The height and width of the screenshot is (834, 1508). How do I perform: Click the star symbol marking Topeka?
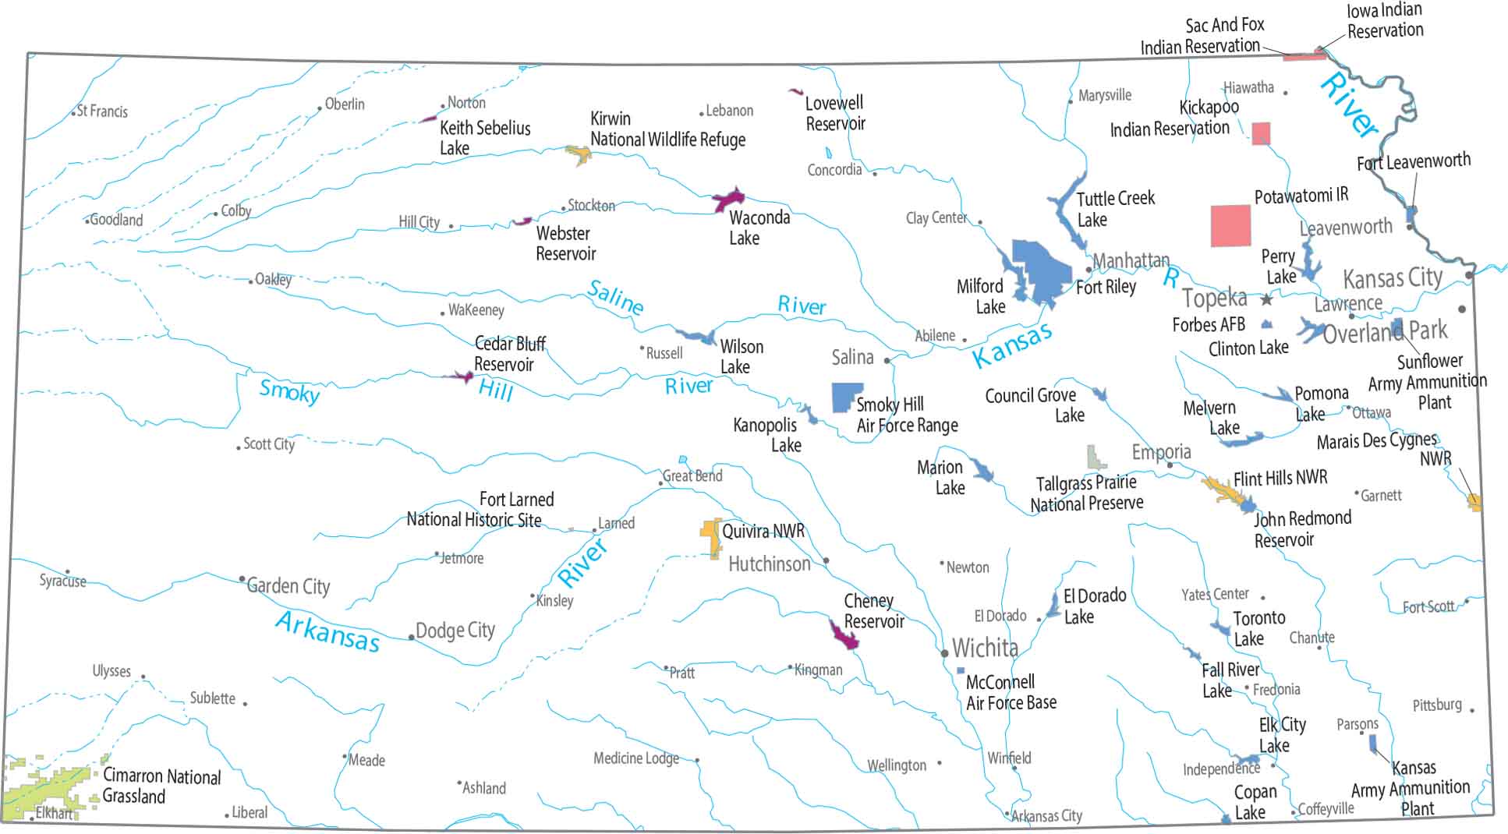1266,299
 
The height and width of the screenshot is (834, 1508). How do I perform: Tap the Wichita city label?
985,648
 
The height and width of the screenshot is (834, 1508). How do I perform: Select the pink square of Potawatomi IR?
1230,226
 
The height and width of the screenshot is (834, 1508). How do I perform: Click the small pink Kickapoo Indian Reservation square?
1261,133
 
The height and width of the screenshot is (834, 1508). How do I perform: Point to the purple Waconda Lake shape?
728,200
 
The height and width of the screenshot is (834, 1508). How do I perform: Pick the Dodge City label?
455,630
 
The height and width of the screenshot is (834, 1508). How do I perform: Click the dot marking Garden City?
242,579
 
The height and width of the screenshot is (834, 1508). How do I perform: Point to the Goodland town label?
116,220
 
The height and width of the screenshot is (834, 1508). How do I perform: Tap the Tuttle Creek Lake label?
1114,209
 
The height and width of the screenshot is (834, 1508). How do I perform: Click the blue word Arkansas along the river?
327,631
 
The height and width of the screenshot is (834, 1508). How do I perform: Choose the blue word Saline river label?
615,297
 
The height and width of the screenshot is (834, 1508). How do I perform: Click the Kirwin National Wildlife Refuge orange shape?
578,154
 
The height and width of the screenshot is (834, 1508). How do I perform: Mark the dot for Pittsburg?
1471,710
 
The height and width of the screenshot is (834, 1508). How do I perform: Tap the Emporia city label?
1161,451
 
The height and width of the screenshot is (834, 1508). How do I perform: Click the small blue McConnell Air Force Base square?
961,670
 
